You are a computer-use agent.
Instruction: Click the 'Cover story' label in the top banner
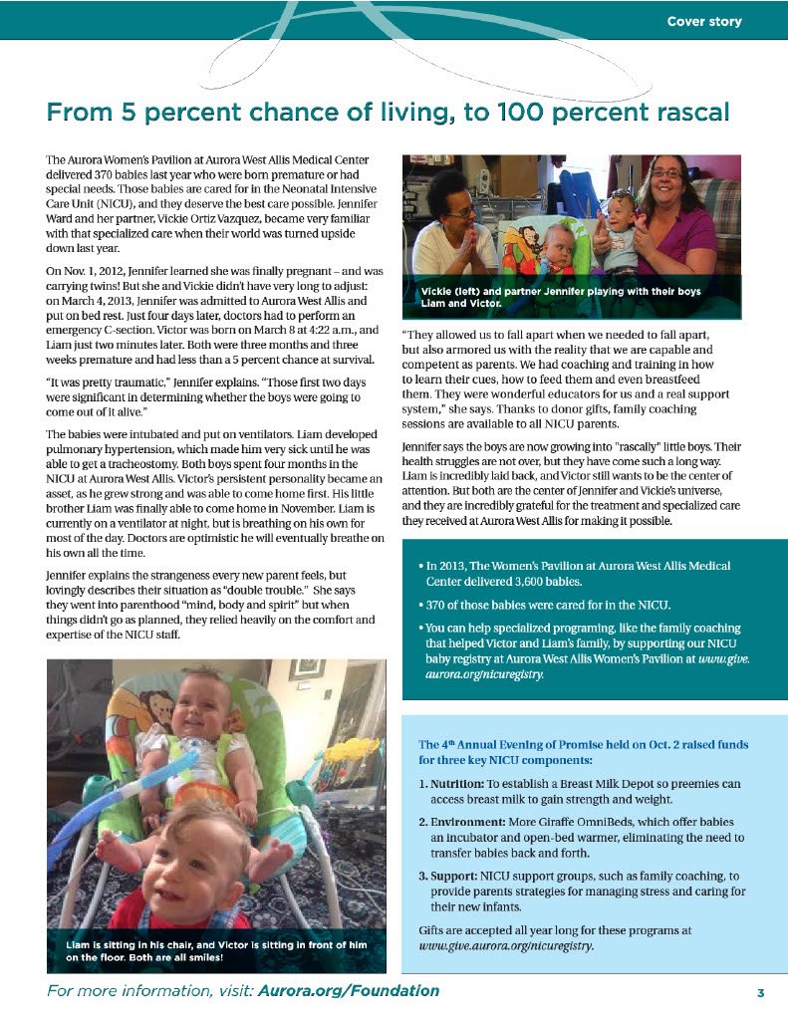(704, 21)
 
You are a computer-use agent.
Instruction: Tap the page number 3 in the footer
(760, 992)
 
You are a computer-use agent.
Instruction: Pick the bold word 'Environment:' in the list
(466, 822)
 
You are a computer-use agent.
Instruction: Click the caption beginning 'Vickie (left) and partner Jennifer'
(561, 297)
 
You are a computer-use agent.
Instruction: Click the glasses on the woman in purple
(666, 174)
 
